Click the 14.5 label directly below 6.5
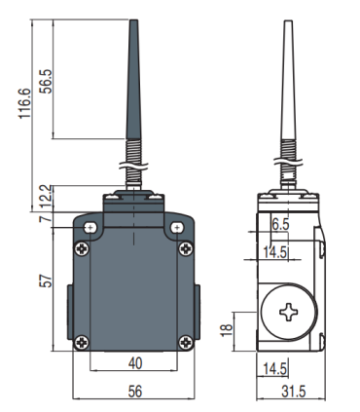[275, 251]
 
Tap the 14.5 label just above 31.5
[275, 367]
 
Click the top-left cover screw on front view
[82, 245]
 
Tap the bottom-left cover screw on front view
[82, 340]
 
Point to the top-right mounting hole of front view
[176, 228]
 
